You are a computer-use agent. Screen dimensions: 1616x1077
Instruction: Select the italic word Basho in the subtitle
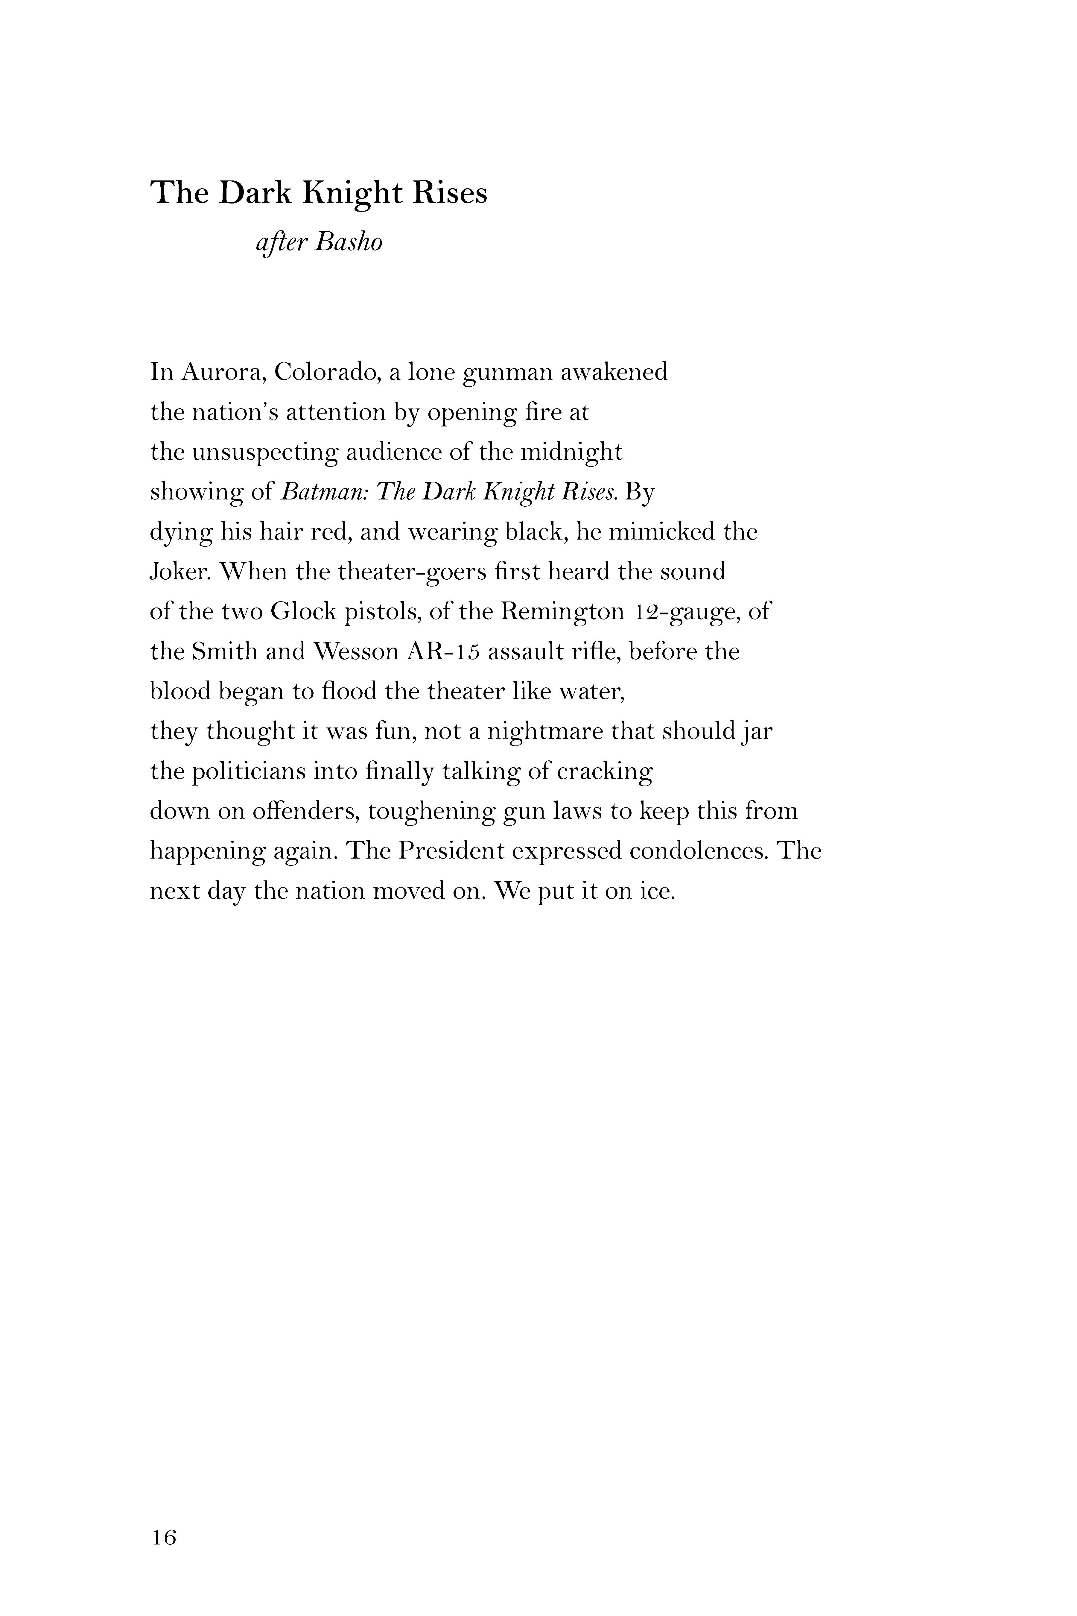(348, 242)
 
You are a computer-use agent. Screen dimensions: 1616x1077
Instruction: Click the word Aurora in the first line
(223, 372)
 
